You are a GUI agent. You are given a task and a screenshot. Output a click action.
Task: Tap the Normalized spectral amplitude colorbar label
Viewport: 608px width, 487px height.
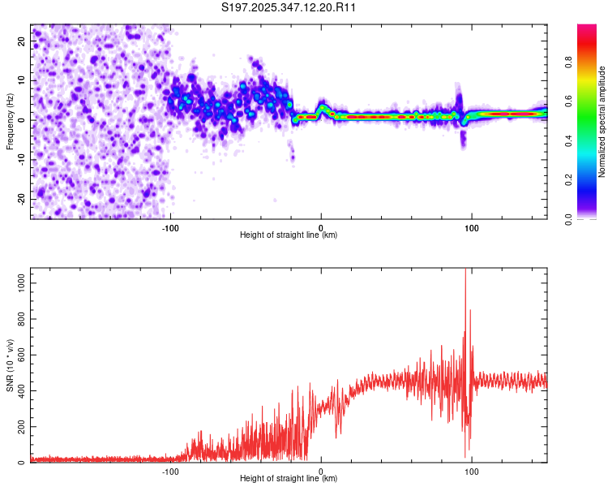[602, 122]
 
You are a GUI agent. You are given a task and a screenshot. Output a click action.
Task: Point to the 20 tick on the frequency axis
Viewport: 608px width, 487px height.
[23, 40]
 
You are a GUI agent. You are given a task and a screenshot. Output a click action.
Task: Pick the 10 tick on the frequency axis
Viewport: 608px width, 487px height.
[23, 80]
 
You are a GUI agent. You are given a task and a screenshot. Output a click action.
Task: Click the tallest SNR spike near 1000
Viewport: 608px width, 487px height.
[465, 271]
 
